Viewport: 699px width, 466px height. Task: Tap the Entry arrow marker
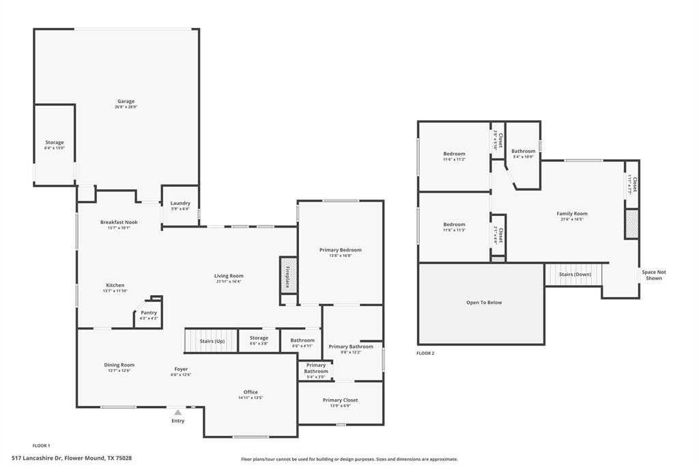pos(177,413)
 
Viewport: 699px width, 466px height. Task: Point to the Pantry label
pos(149,312)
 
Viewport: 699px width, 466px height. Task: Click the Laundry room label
pos(180,203)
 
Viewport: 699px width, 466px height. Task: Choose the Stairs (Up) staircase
pos(212,340)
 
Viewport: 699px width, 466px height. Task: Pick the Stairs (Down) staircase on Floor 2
pos(575,274)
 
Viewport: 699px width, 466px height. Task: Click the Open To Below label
pos(484,302)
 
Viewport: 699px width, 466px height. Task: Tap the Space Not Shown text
pos(653,275)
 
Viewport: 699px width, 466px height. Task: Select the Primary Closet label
pos(340,400)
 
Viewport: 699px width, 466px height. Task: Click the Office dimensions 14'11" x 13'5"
pos(251,398)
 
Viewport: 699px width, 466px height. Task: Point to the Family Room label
pos(571,213)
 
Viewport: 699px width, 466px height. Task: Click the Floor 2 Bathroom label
pos(524,151)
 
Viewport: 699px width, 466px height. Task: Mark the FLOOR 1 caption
pos(41,446)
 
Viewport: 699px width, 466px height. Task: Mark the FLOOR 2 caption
pos(425,353)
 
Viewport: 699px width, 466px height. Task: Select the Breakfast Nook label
pos(119,222)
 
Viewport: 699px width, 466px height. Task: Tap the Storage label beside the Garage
pos(55,142)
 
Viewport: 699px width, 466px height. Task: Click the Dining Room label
pos(119,365)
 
